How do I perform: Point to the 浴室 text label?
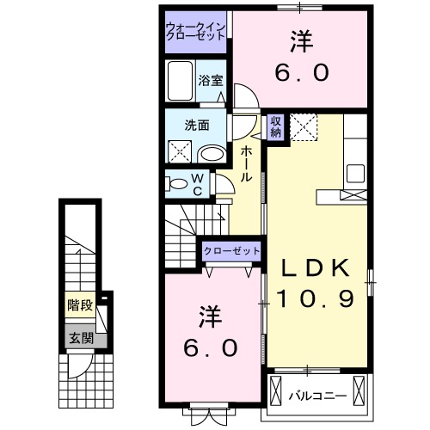click(x=211, y=81)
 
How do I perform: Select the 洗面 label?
click(x=197, y=124)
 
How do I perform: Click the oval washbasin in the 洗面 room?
click(x=210, y=153)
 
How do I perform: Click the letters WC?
click(x=198, y=184)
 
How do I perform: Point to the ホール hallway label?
click(x=246, y=163)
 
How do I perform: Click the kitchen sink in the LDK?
click(x=356, y=170)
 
